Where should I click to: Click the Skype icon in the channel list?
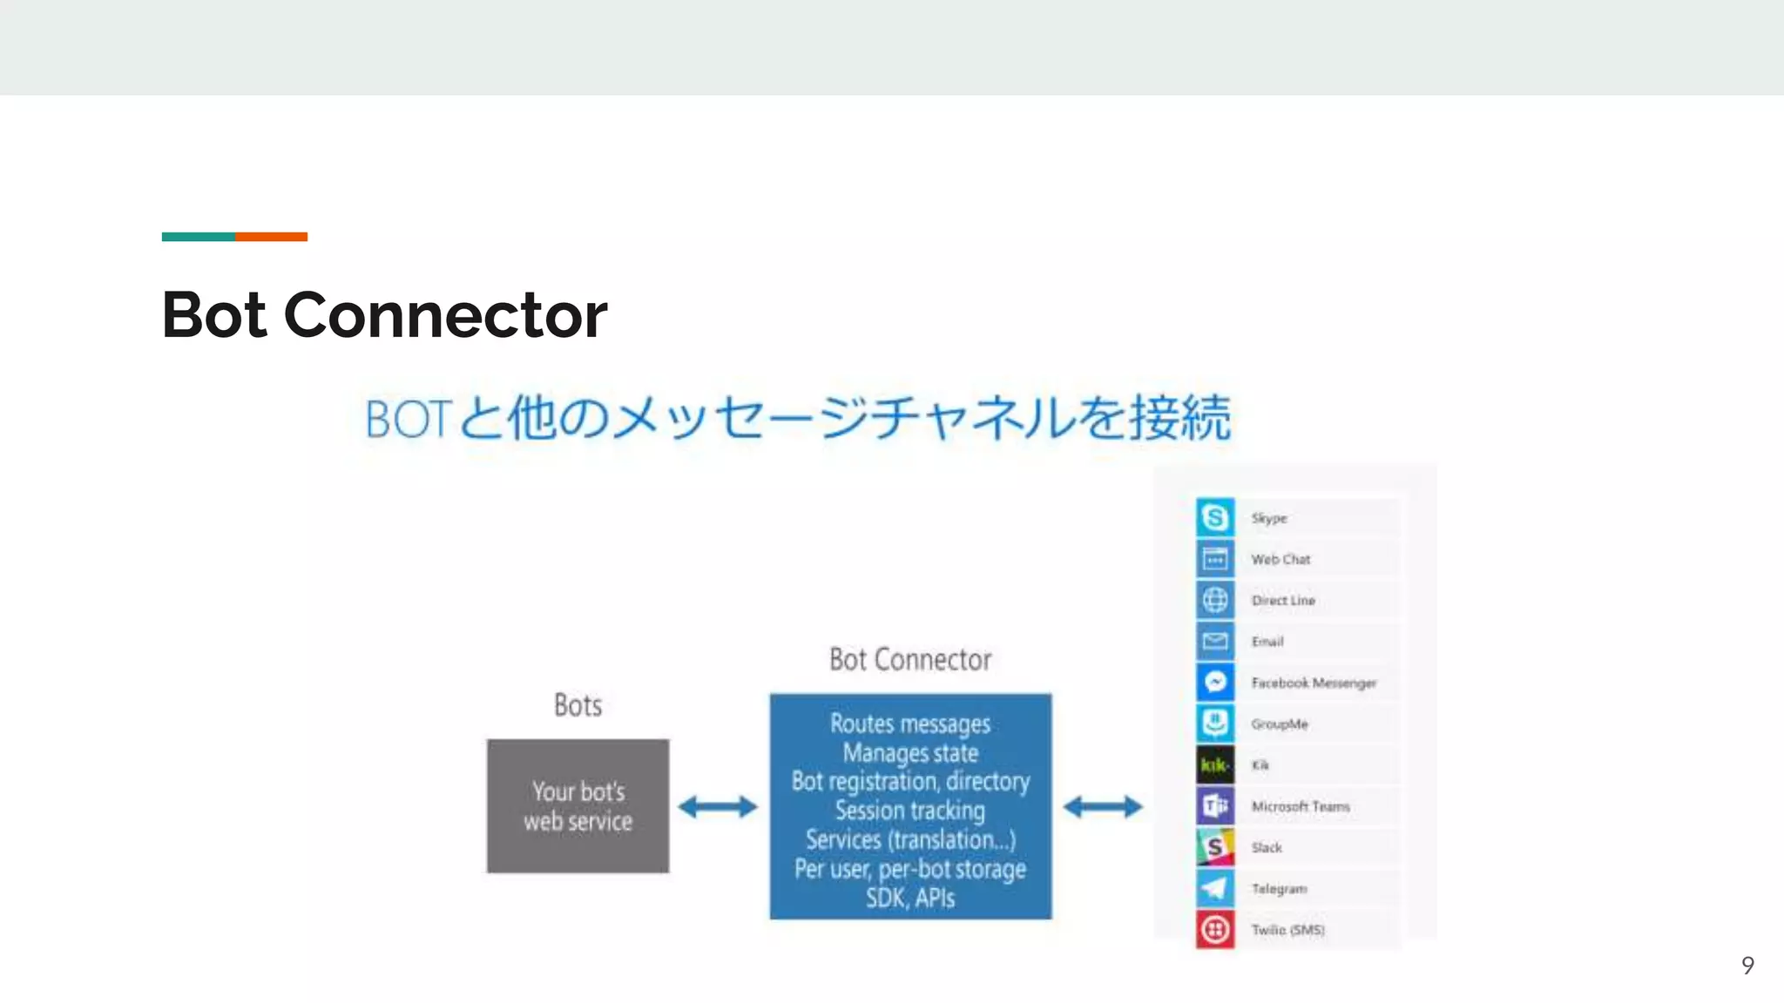[1214, 517]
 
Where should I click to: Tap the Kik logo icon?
[1214, 765]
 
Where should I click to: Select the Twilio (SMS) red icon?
[1214, 930]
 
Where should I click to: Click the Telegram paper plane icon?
[1214, 889]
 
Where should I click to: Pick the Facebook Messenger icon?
[1214, 683]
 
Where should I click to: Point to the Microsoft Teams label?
[1300, 807]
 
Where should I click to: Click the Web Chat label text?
[1280, 560]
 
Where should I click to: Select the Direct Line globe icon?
[1214, 600]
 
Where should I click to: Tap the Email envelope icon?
[1214, 642]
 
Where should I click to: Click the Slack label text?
[1266, 848]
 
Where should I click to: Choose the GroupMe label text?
[1279, 724]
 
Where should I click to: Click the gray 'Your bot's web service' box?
[578, 806]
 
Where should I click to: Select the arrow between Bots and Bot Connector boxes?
[718, 807]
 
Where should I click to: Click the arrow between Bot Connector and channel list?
[1102, 807]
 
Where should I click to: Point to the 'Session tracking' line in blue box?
[909, 811]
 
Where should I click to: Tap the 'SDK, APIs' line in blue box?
[909, 898]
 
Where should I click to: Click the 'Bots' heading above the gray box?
[578, 705]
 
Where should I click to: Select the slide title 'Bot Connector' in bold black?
[384, 315]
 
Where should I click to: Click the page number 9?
[1747, 965]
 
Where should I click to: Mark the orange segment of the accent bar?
[271, 237]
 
